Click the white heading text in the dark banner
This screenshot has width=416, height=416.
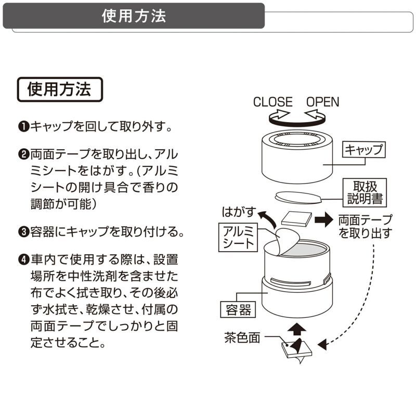point(134,16)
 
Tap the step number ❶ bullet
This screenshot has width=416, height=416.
point(24,126)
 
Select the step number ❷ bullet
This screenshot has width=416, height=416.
point(24,154)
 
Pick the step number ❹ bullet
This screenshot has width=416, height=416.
point(24,259)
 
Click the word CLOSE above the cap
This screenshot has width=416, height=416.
point(272,102)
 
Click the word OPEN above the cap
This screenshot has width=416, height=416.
point(322,102)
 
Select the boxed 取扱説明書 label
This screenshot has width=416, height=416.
point(362,192)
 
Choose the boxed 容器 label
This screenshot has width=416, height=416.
point(239,309)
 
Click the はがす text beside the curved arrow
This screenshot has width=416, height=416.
point(240,212)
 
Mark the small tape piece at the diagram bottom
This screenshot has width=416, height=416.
point(296,349)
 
